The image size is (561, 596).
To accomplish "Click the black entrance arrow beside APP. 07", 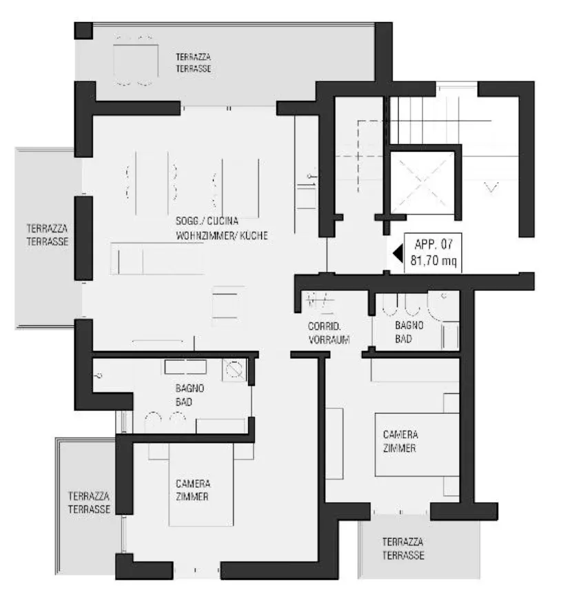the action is (x=398, y=253).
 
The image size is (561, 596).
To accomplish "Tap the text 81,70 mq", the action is (x=433, y=260).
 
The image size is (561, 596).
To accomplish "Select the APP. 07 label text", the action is (x=433, y=244).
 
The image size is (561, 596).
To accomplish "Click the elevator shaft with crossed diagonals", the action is (x=422, y=182).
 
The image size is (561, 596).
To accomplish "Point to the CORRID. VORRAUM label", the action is (x=329, y=333).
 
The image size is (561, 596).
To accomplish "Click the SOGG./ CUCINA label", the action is (x=207, y=221).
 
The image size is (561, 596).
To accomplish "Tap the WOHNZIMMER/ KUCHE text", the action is (x=222, y=236).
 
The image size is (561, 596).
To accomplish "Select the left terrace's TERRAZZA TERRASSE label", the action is (x=48, y=235).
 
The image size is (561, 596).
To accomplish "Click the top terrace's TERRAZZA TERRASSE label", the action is (x=194, y=63).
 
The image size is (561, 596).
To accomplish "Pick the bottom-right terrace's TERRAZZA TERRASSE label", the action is (x=403, y=548).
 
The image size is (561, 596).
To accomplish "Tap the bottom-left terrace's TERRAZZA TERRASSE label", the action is (x=90, y=502).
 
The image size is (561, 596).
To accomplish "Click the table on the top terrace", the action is (x=136, y=60).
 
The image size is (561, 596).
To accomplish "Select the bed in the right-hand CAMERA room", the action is (x=417, y=445).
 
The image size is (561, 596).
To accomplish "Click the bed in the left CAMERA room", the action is (x=201, y=485).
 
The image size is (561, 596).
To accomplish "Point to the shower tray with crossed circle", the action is (x=234, y=370).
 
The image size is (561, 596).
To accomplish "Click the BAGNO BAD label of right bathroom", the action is (x=409, y=332).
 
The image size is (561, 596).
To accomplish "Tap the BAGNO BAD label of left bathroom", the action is (x=190, y=395).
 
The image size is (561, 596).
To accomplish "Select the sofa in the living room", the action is (x=157, y=259).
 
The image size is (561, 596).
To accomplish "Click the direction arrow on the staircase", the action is (x=491, y=187).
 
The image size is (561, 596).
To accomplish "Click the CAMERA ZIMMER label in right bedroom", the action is (x=400, y=441).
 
